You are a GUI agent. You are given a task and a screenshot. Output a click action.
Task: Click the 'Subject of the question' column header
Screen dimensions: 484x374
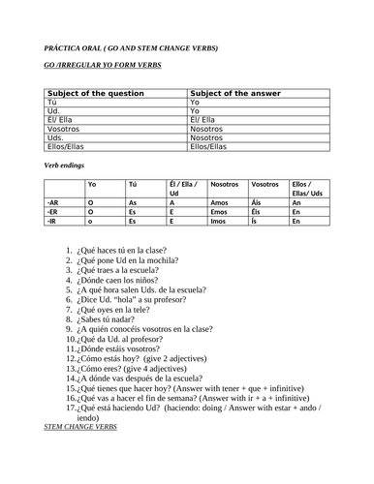(89, 93)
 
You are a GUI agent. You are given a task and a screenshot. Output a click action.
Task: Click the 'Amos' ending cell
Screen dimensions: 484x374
(222, 202)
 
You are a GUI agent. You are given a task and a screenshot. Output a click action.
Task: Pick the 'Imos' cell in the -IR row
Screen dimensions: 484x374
(222, 222)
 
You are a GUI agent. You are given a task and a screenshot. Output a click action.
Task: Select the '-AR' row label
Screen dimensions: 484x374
(53, 202)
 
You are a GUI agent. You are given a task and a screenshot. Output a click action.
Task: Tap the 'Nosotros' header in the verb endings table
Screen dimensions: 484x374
(225, 183)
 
